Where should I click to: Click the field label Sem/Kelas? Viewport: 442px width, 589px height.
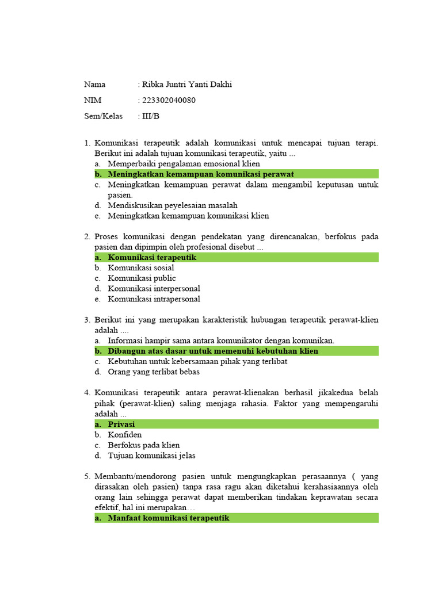pos(104,116)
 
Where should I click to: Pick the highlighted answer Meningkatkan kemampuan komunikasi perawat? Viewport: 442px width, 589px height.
pos(201,174)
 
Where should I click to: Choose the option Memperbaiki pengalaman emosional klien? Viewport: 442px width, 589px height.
pos(184,163)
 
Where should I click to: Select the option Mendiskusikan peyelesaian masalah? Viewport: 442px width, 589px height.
pos(173,205)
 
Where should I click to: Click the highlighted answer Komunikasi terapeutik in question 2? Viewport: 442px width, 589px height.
pos(152,257)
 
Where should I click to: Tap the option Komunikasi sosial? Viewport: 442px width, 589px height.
pos(141,267)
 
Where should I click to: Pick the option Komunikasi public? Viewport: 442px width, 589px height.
pos(142,278)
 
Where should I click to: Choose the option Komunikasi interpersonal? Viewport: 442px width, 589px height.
pos(154,288)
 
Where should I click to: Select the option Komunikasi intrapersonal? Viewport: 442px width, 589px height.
pos(154,299)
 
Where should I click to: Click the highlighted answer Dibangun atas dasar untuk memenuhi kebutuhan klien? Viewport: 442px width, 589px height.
pos(213,351)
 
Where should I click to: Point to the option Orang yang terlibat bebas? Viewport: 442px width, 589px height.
pos(154,372)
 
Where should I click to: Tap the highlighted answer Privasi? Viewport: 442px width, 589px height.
pos(121,424)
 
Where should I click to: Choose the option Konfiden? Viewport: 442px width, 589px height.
pos(125,434)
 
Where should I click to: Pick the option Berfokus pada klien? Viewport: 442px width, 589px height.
pos(144,445)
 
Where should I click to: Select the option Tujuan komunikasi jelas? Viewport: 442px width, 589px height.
pos(151,456)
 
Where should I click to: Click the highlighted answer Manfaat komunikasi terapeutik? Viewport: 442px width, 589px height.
pos(169,518)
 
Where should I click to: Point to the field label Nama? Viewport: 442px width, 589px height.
pos(95,85)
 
